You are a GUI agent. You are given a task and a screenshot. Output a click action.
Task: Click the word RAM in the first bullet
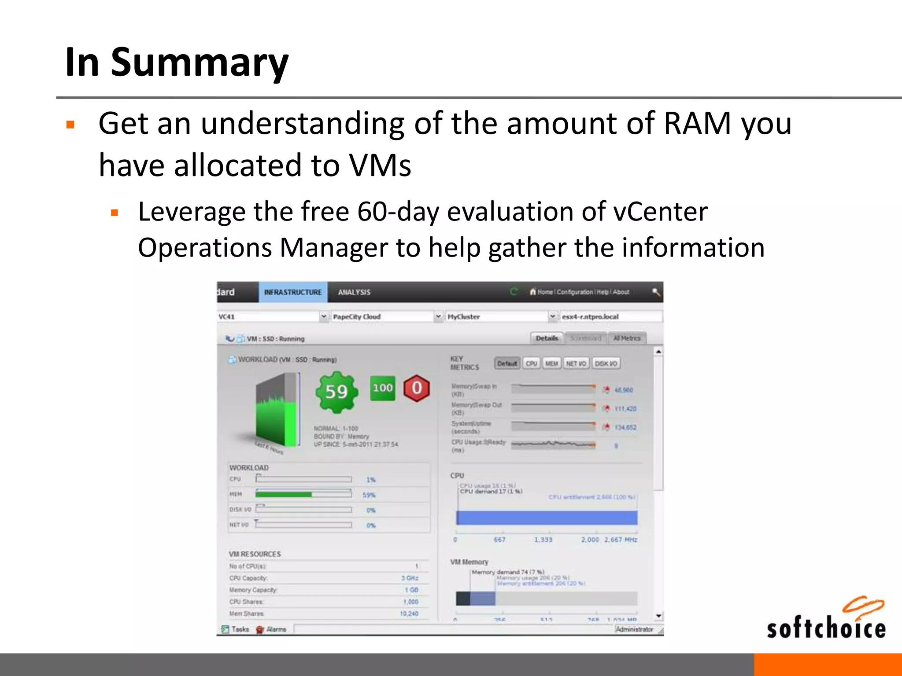tap(697, 123)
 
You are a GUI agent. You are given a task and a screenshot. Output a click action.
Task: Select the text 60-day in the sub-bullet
tap(398, 212)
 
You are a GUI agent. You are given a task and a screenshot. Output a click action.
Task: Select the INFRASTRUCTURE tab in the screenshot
tap(293, 292)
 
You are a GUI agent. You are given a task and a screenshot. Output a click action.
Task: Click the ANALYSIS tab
tap(354, 292)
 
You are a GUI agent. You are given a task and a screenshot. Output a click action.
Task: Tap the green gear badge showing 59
tap(337, 391)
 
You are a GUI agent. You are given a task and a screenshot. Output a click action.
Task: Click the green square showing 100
tap(382, 388)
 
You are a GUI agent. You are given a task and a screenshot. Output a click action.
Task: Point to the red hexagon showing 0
tap(417, 388)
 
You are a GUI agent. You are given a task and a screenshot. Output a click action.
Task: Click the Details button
tap(547, 338)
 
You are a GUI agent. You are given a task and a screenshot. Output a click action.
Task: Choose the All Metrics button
tap(627, 338)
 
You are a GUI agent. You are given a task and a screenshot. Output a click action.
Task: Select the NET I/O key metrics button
tap(576, 364)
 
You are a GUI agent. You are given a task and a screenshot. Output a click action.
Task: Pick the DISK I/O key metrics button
tap(606, 364)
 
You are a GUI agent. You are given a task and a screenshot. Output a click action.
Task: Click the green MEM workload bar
tap(284, 494)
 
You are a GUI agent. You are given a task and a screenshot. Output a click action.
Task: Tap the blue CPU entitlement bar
tap(547, 518)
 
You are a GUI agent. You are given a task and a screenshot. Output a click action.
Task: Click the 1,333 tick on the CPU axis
tap(543, 540)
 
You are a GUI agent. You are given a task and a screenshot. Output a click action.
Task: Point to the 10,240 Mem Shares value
tap(409, 614)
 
